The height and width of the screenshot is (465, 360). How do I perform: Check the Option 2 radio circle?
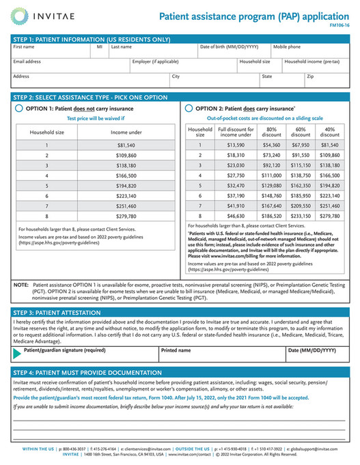coord(189,108)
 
